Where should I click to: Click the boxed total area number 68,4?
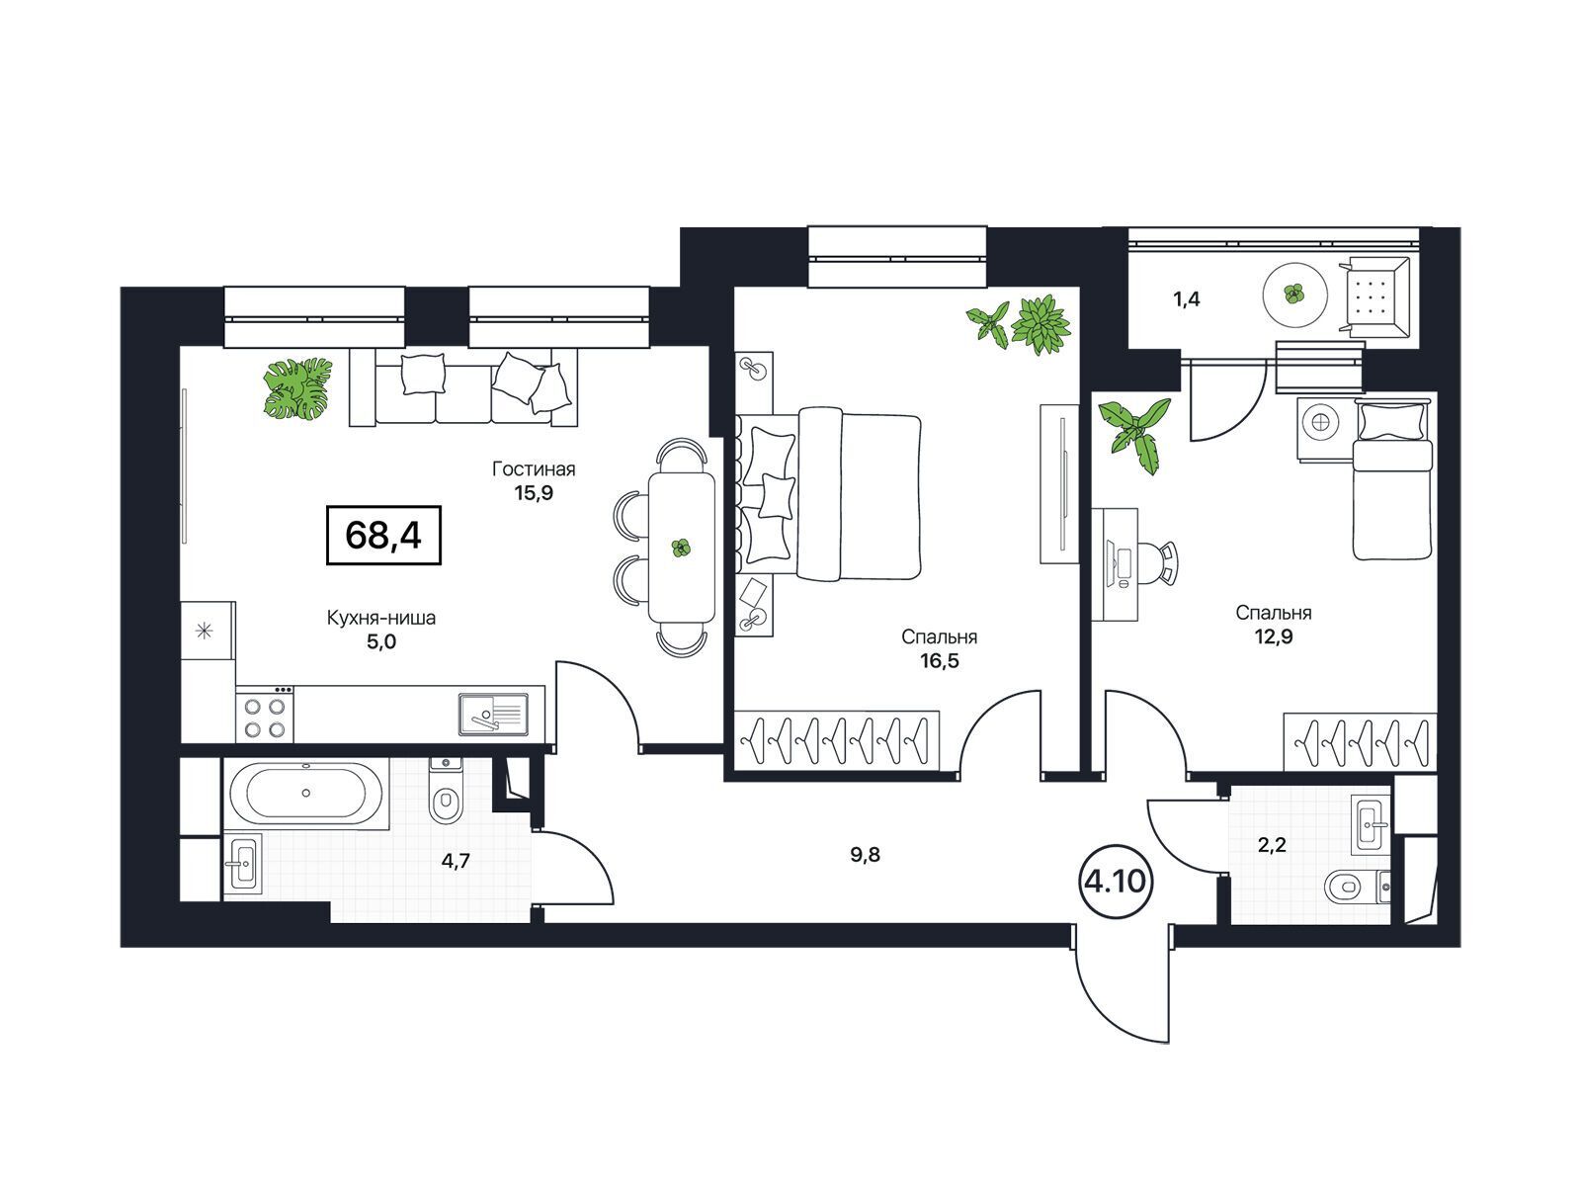tap(383, 535)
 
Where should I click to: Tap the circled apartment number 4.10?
tap(1115, 881)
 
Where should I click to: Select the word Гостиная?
tap(534, 469)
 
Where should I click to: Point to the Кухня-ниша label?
tap(381, 618)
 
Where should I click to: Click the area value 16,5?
tap(940, 660)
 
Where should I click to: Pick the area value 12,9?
tap(1273, 636)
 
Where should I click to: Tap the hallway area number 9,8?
tap(865, 855)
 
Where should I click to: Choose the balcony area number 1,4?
tap(1187, 298)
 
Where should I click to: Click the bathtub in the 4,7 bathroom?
tap(307, 793)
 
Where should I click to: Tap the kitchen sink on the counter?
tap(493, 715)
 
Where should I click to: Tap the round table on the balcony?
tap(1295, 294)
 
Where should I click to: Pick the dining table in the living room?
tap(682, 548)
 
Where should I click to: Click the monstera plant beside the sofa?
tap(298, 388)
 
